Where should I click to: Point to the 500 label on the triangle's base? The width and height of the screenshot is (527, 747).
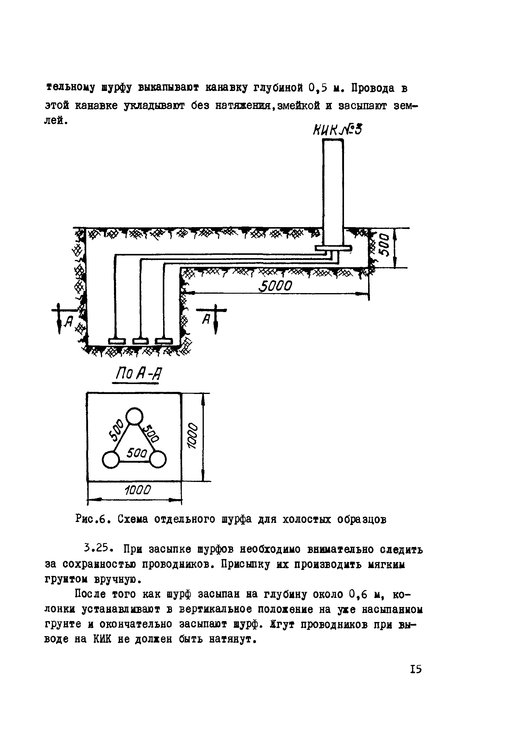point(137,453)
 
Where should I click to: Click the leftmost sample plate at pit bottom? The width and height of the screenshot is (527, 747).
point(117,341)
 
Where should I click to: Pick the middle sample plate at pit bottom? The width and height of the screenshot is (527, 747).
point(140,341)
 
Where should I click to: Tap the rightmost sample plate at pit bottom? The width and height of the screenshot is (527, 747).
point(163,341)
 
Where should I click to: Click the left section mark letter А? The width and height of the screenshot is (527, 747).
point(68,321)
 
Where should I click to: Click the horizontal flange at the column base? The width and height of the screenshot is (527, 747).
point(333,248)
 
